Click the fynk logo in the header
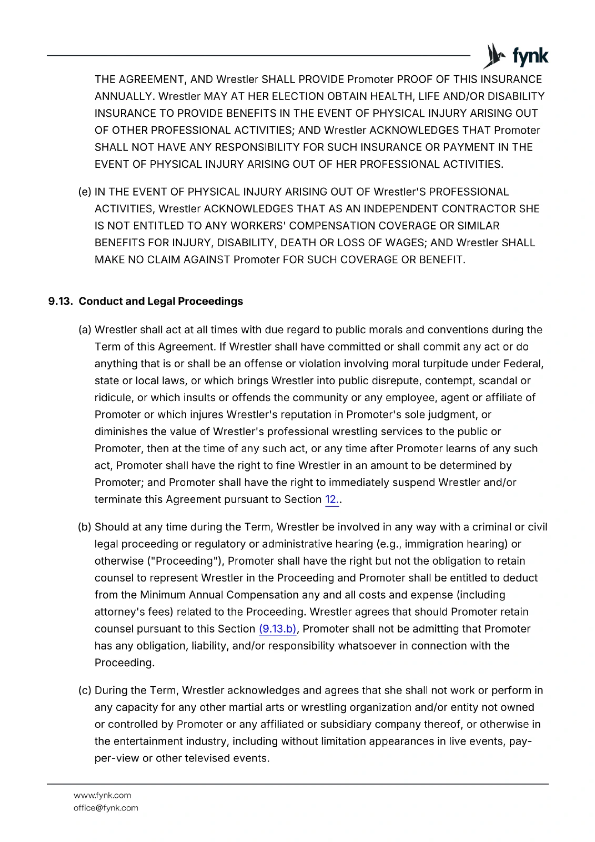[x=516, y=56]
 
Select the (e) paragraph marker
[x=85, y=192]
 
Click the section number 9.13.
[x=60, y=302]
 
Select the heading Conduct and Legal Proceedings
[x=160, y=302]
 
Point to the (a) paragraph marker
[x=85, y=330]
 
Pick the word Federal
[x=523, y=364]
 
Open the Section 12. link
[x=332, y=499]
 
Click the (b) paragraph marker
[x=85, y=527]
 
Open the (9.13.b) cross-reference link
[x=278, y=629]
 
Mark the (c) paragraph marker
[x=85, y=690]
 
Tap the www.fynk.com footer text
[x=102, y=796]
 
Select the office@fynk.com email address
[x=106, y=808]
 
